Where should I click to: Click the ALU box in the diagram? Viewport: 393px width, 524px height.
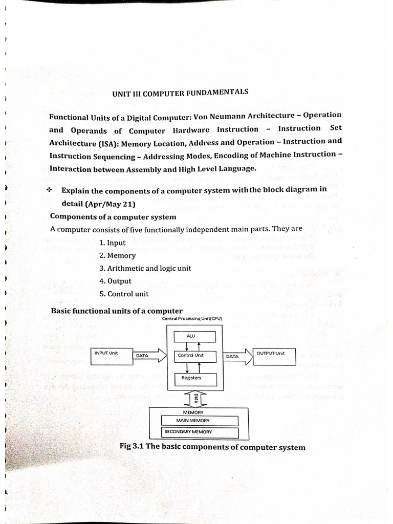191,336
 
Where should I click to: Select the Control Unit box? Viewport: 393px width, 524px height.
191,355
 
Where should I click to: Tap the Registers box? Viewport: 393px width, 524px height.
191,378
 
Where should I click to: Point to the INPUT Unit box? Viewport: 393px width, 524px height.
111,356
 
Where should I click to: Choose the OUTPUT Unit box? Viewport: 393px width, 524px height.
274,356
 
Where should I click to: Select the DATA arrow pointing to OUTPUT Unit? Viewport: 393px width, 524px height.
238,356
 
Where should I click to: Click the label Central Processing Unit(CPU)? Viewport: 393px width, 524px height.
191,318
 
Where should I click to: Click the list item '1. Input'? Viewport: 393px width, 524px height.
112,243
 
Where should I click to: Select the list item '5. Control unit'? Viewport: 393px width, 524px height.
124,294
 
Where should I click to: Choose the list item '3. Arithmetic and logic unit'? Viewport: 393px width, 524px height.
145,268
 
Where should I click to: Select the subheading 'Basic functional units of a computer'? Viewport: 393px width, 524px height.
117,311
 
